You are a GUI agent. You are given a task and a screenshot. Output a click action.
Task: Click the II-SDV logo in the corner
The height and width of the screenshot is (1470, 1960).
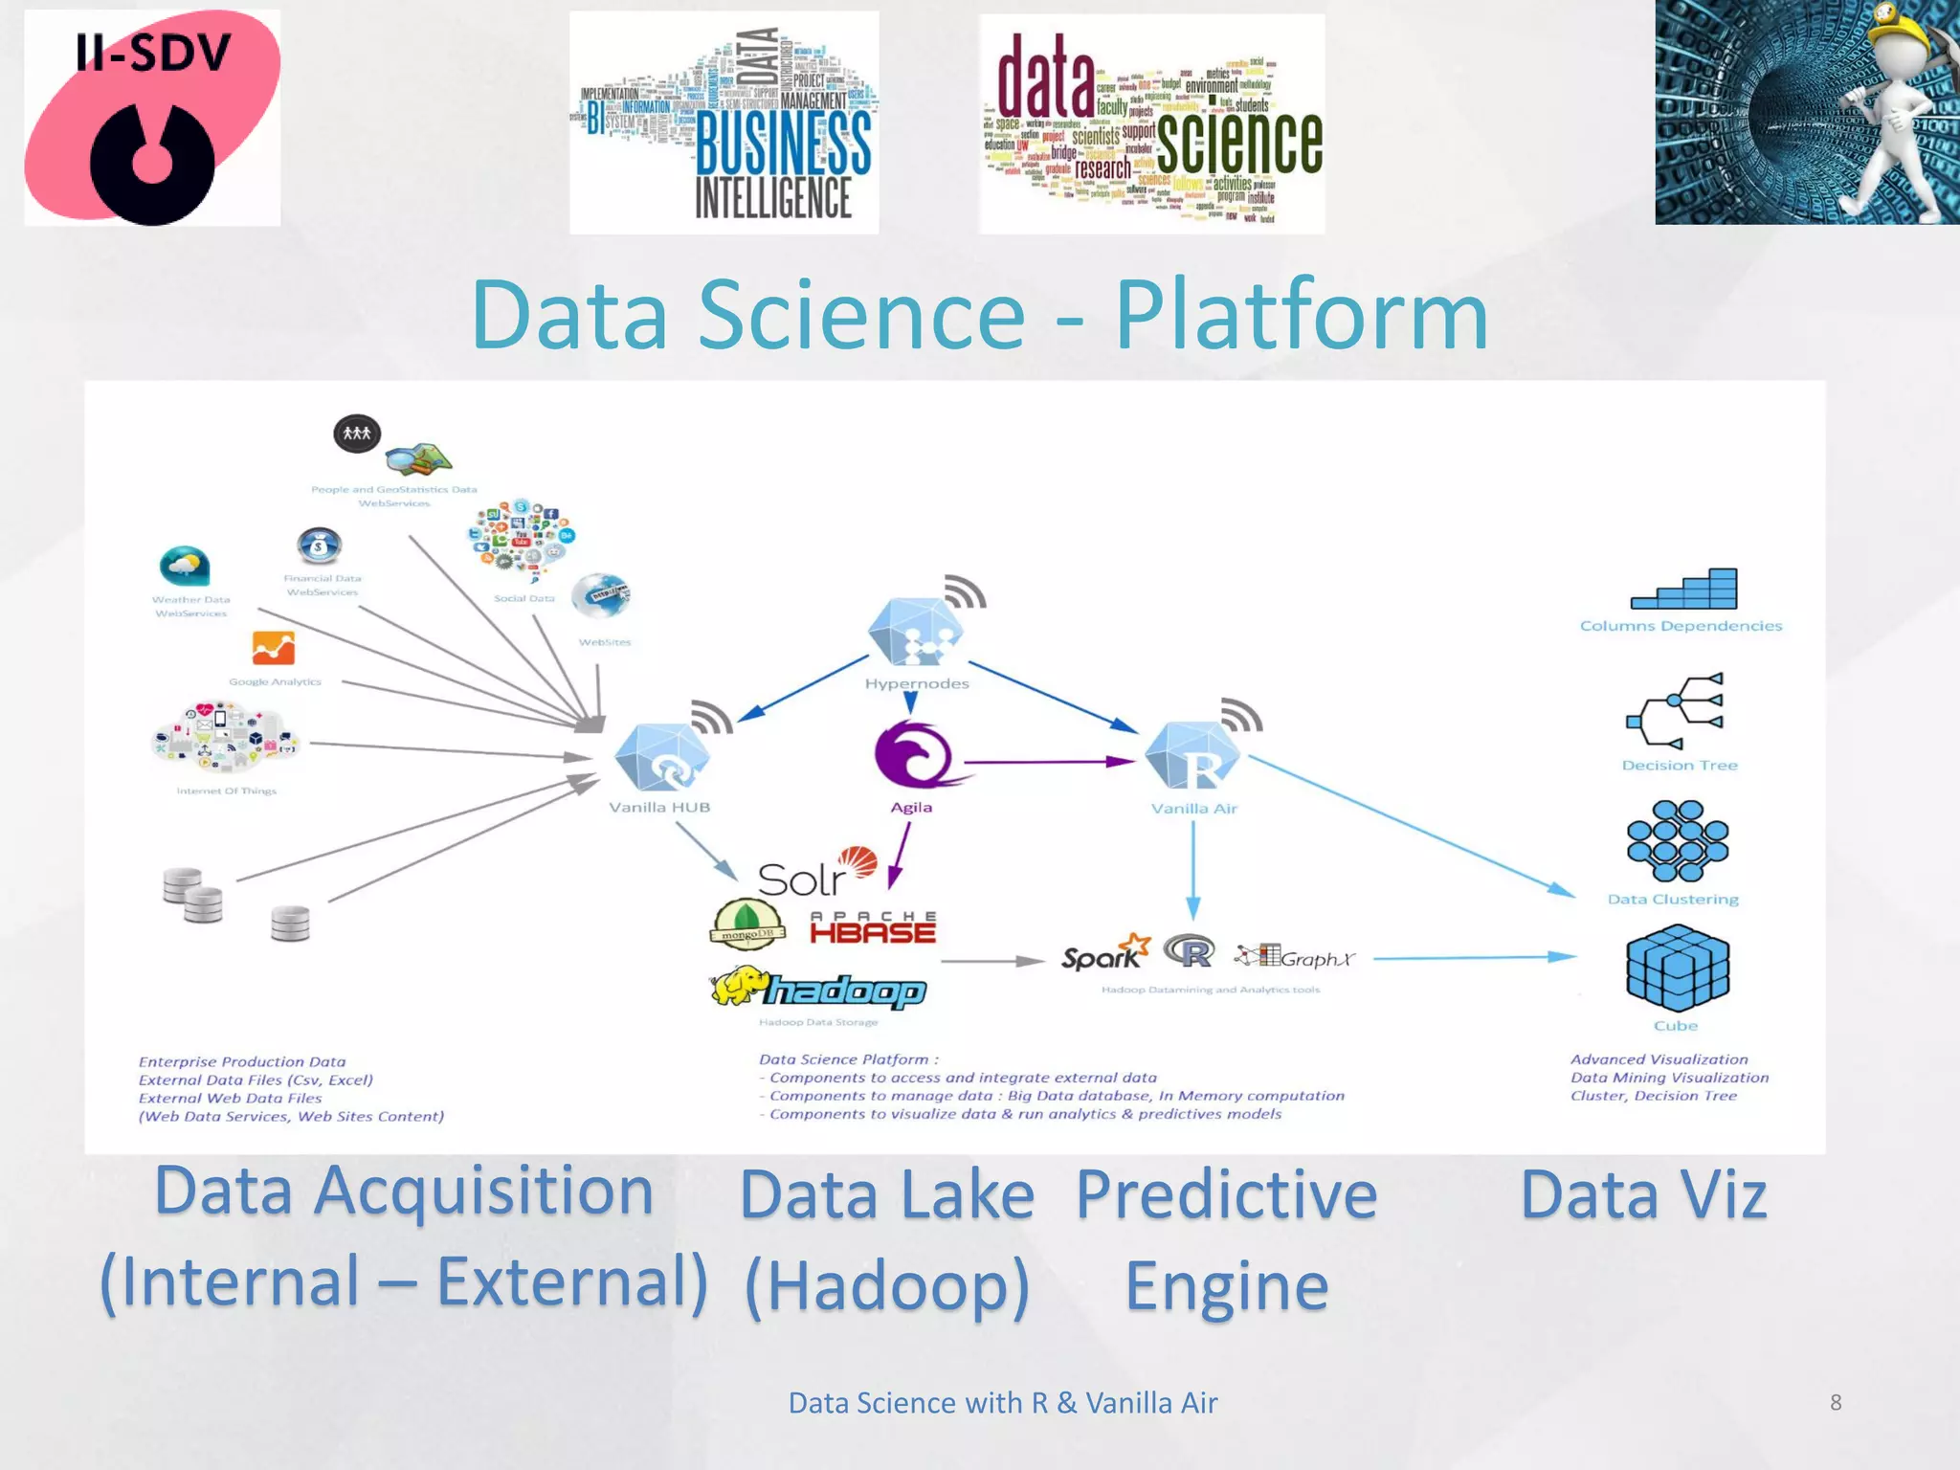[x=152, y=118]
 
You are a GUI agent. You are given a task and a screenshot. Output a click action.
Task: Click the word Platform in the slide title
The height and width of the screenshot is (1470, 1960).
[x=1301, y=315]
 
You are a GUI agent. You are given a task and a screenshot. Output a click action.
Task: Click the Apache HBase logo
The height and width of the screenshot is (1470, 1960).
[x=872, y=928]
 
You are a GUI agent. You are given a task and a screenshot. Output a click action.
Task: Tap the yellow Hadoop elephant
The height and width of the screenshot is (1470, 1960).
[x=740, y=987]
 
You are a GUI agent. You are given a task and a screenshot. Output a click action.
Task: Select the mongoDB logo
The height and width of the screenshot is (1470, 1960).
[x=747, y=924]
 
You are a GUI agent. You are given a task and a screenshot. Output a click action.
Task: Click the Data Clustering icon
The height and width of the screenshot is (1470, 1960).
[x=1677, y=841]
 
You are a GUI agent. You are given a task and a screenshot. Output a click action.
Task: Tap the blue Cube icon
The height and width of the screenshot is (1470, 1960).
[x=1677, y=968]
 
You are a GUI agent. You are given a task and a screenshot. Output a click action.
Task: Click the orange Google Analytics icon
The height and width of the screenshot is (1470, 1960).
[x=273, y=648]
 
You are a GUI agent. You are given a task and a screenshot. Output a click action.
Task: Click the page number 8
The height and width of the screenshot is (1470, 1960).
[x=1835, y=1402]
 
